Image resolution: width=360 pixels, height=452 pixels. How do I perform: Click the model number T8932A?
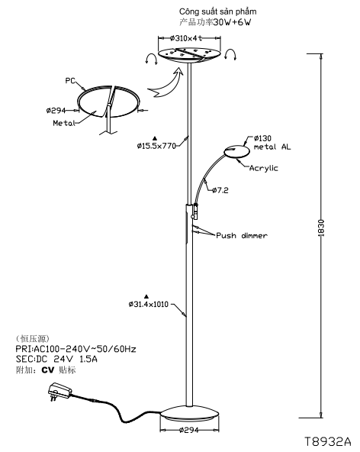[x=328, y=441]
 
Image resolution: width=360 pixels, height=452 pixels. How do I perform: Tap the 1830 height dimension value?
[x=321, y=228]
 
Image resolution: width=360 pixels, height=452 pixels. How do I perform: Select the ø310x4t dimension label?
[x=186, y=37]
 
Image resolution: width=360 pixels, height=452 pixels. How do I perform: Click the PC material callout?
[x=70, y=80]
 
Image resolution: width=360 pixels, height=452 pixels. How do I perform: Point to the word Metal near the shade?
[x=64, y=123]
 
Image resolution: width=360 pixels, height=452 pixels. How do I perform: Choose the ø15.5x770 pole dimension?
[x=156, y=146]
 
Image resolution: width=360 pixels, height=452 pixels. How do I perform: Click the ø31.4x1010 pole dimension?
[x=148, y=304]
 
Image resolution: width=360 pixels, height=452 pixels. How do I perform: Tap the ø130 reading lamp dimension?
[x=262, y=138]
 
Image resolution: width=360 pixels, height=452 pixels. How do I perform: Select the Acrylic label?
[x=264, y=168]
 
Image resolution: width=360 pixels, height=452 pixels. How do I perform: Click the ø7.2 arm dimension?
[x=220, y=190]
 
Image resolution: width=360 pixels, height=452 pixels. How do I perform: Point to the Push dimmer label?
[x=242, y=235]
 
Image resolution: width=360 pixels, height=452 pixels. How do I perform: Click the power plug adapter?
[x=59, y=392]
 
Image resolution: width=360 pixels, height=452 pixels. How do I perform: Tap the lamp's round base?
[x=190, y=415]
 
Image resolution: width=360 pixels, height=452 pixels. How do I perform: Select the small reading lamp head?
[x=236, y=152]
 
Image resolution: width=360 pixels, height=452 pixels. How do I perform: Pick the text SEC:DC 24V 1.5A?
[x=56, y=359]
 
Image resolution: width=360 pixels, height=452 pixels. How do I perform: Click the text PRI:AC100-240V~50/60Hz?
[x=76, y=349]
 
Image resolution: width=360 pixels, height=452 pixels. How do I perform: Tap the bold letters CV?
[x=48, y=370]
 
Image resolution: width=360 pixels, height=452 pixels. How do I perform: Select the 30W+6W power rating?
[x=232, y=22]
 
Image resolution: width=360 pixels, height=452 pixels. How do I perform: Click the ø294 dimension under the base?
[x=189, y=431]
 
